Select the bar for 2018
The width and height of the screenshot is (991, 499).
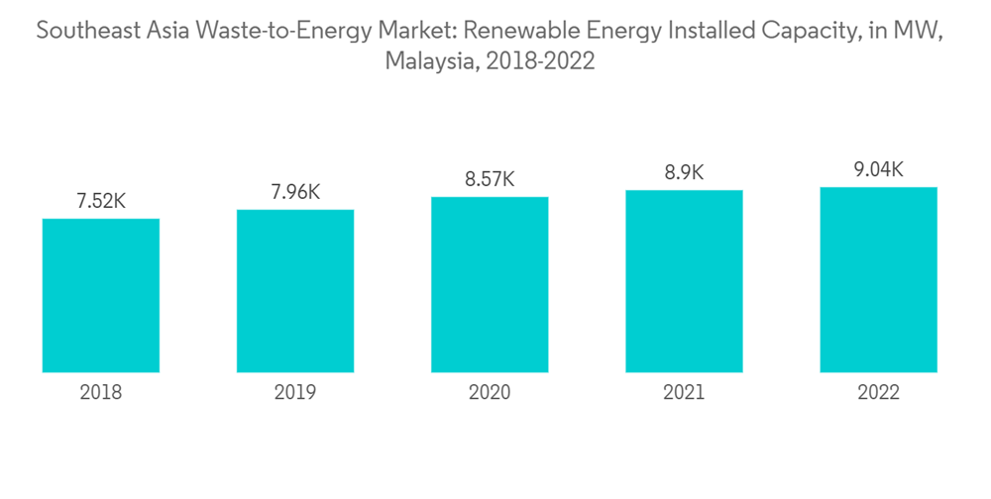(x=101, y=295)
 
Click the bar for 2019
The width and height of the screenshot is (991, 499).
(x=295, y=291)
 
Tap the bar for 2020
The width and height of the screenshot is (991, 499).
(x=490, y=284)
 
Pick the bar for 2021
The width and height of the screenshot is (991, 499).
(x=684, y=281)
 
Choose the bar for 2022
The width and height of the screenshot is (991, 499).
(x=878, y=279)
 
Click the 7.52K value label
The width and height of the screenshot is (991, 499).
(x=101, y=201)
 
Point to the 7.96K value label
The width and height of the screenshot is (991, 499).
(x=295, y=192)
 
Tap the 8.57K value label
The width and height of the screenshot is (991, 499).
(x=490, y=179)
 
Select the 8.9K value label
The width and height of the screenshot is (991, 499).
(x=684, y=172)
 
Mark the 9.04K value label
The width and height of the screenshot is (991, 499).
(x=878, y=169)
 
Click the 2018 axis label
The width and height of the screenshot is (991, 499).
(x=101, y=393)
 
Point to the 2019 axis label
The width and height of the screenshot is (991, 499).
(x=295, y=393)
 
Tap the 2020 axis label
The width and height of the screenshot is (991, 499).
(x=490, y=393)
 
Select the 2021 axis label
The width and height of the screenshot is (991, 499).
(x=684, y=393)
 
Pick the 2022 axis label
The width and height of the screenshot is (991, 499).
(x=878, y=393)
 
